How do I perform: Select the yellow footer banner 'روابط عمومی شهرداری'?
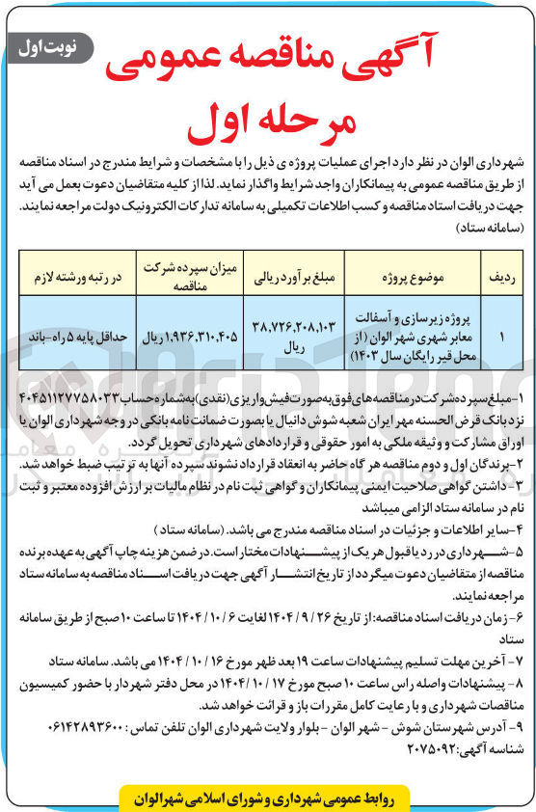265,797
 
